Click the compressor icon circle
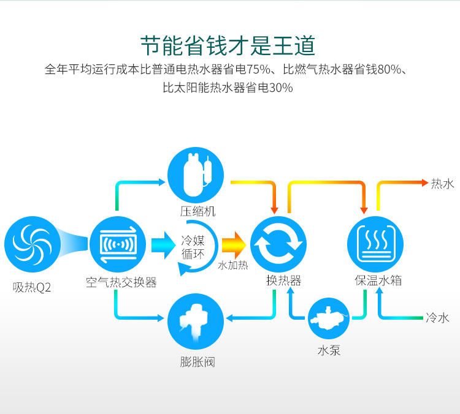coord(197,178)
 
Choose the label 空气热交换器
coord(121,282)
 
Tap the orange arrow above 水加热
coord(233,245)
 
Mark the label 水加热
coord(233,266)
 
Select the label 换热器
coord(283,281)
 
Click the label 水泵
coord(329,350)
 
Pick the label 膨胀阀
coord(197,361)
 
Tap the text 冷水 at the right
coord(438,317)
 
